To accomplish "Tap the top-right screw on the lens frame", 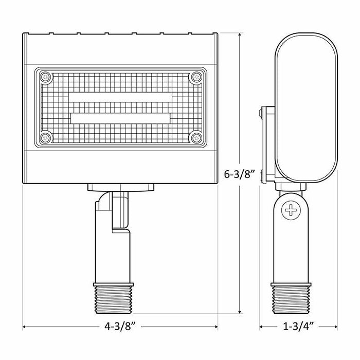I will click(196, 77).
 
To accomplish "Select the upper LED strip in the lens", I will click(121, 98).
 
